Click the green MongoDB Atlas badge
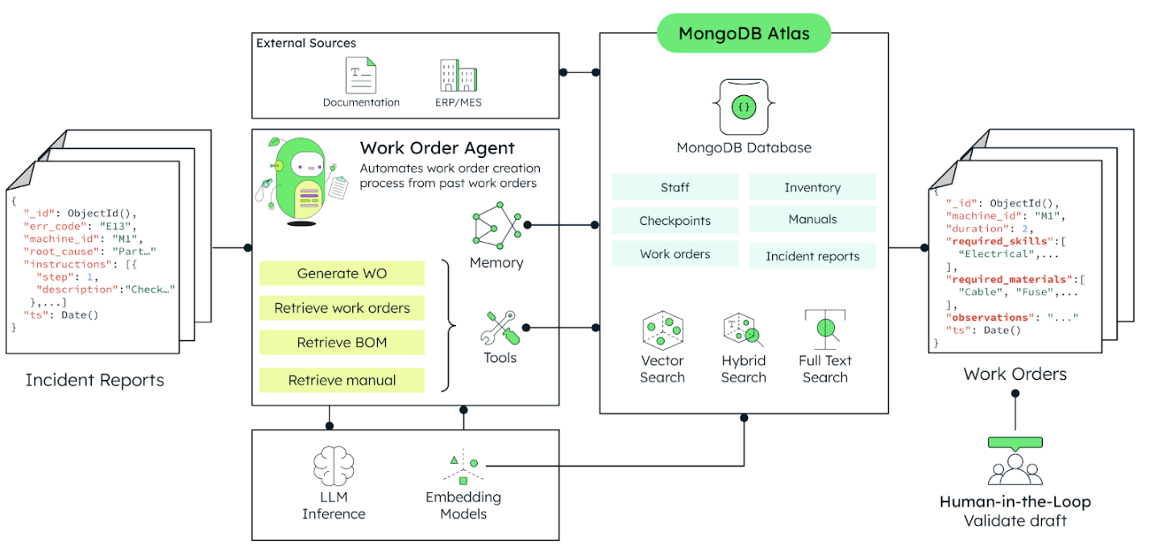pos(743,33)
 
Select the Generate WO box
pos(342,273)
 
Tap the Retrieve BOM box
pos(342,343)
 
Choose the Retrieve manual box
pos(342,381)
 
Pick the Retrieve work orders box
pos(342,308)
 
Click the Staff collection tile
pos(675,188)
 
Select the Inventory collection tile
pos(812,188)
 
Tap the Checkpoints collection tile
pos(675,221)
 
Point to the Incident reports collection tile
pos(812,256)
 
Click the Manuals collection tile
pos(812,219)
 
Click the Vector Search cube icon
pos(662,329)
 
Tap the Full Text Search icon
pos(824,327)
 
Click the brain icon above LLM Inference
pos(334,465)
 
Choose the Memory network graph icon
pos(496,227)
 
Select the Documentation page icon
pos(361,75)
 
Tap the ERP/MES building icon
pos(458,75)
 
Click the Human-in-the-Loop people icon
pos(1015,467)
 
